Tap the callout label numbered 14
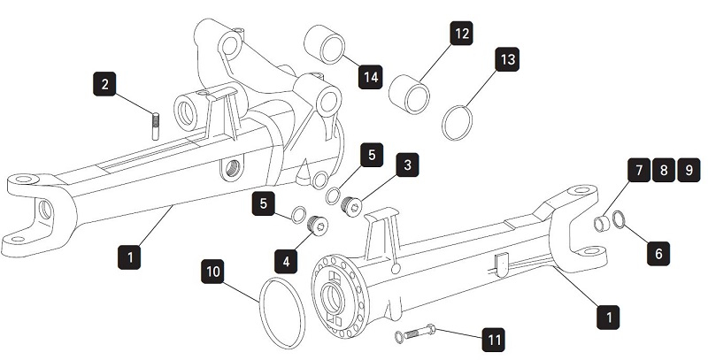click(x=371, y=77)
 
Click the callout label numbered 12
click(x=462, y=34)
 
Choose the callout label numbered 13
click(x=507, y=59)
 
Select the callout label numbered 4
click(x=285, y=262)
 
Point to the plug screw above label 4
click(x=317, y=229)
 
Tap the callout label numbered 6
click(x=658, y=252)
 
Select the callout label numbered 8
click(x=662, y=169)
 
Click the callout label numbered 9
click(x=688, y=169)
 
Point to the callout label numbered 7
click(x=637, y=169)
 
